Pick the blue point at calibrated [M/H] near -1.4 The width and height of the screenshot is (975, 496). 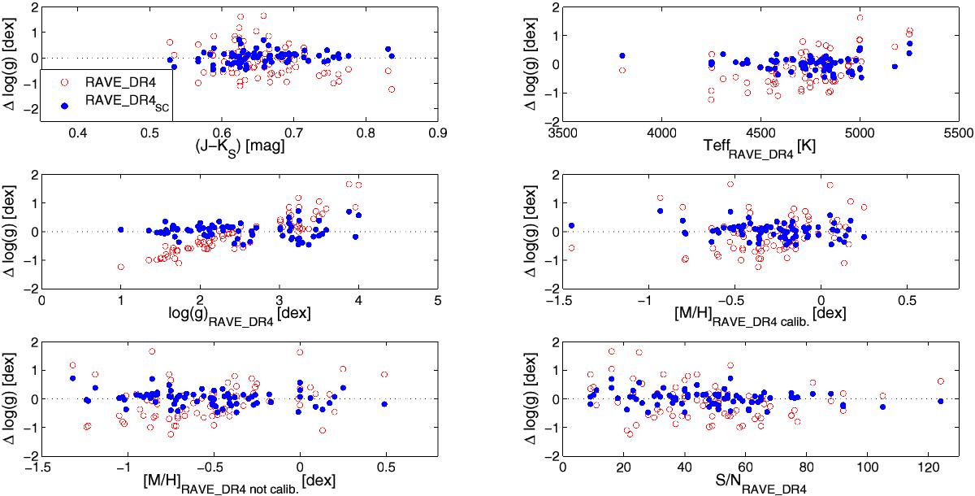(x=571, y=225)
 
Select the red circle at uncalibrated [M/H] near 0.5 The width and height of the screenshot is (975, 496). (x=384, y=375)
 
